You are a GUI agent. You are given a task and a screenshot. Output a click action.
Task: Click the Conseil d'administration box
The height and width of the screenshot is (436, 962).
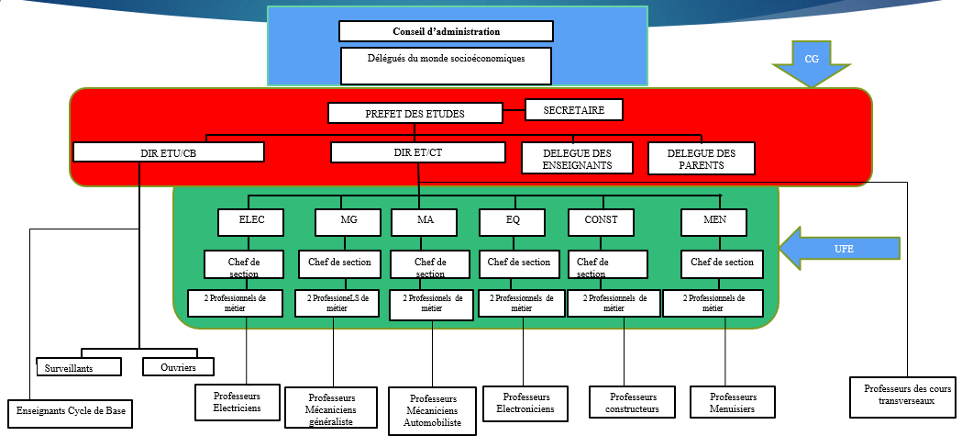point(446,31)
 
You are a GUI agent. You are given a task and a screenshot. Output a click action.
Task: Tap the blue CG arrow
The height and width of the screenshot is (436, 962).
point(812,61)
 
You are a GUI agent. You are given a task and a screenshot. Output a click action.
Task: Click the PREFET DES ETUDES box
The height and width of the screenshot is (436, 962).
point(415,114)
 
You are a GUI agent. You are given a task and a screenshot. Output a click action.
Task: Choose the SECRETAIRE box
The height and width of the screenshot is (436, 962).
point(573,109)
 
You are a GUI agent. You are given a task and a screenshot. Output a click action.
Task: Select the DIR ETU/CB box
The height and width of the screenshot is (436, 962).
point(169,152)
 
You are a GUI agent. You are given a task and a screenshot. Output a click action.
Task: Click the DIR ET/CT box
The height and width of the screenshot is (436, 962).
point(418,152)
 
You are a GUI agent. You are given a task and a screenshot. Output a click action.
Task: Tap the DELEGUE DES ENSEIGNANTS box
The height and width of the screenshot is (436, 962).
point(577,158)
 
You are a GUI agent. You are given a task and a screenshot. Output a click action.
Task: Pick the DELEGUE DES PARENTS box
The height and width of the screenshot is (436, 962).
point(701,158)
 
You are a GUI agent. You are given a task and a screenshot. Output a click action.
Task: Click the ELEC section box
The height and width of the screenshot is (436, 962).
point(251,221)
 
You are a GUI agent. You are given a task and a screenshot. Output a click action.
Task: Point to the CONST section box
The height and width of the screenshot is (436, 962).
point(601,221)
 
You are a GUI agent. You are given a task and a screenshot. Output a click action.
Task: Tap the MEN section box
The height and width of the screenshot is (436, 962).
point(713,221)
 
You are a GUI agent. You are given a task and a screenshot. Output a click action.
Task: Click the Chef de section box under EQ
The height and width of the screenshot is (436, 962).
point(519,263)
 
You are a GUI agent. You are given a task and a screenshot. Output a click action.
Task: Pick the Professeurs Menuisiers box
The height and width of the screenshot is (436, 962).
point(732,402)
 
